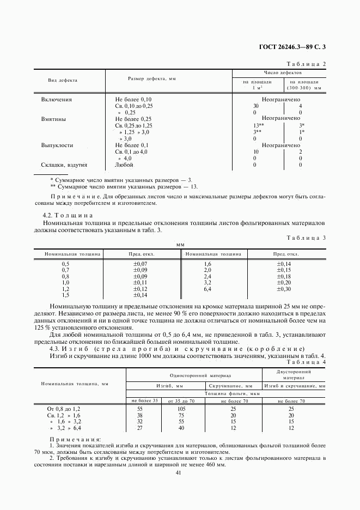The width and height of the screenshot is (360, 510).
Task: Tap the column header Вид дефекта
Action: coord(63,80)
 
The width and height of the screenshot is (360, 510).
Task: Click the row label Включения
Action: coord(57,100)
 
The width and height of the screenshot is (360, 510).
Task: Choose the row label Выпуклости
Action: coord(57,145)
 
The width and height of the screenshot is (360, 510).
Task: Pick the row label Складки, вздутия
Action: coord(64,165)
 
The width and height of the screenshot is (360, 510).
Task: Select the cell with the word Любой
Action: coord(124,165)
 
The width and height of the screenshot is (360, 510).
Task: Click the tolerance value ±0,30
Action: coord(284,289)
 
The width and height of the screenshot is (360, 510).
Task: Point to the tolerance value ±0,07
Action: coord(141,263)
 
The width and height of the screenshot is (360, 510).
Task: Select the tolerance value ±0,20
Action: coord(284,282)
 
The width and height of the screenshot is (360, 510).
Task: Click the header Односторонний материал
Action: coord(193,375)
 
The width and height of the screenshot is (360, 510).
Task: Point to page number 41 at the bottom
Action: coord(178,472)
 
